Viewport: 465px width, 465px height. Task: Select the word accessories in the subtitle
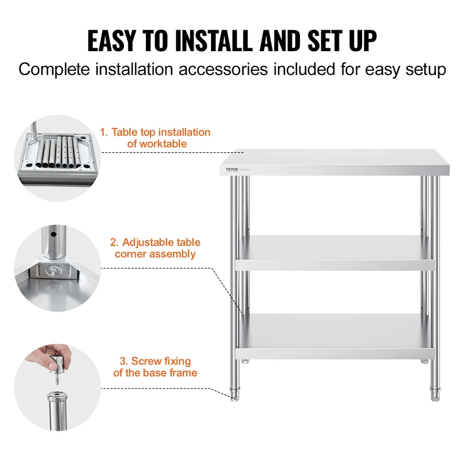(x=223, y=70)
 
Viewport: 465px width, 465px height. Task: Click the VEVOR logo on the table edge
(x=232, y=169)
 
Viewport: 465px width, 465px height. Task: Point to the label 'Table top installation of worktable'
(x=155, y=138)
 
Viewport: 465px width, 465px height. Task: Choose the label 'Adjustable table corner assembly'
(x=155, y=248)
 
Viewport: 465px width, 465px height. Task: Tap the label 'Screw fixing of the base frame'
(x=155, y=367)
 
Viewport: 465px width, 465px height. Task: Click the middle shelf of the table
(x=335, y=253)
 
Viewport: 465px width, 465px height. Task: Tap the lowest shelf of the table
(x=335, y=337)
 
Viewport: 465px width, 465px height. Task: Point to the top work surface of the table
(x=335, y=162)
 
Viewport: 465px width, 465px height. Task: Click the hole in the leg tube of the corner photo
(x=53, y=234)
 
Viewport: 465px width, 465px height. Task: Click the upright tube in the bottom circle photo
(x=57, y=411)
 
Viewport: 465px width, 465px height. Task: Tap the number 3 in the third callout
(x=123, y=361)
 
